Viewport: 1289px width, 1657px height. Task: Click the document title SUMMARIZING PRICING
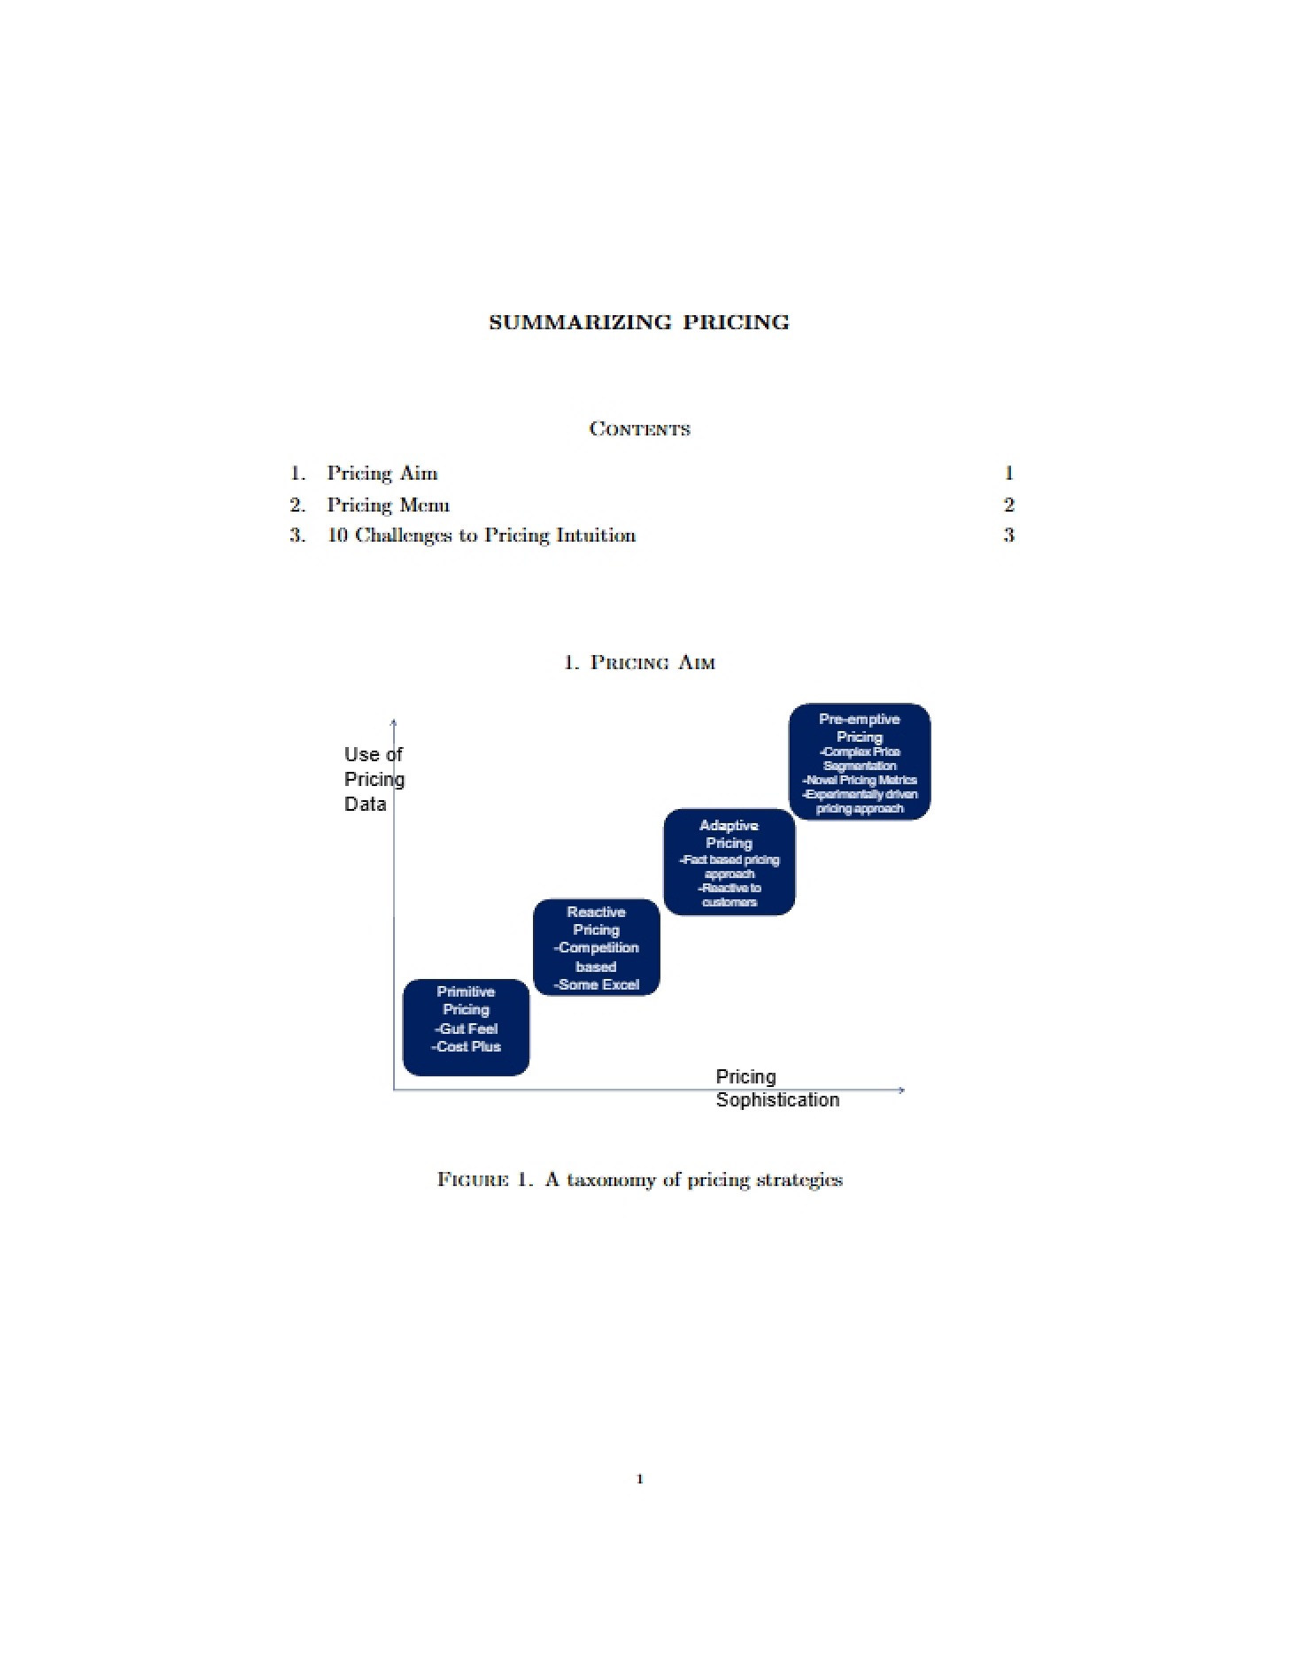639,322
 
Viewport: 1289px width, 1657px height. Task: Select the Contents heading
639,429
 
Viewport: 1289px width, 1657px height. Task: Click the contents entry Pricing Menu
389,505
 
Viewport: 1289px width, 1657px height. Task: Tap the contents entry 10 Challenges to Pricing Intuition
482,536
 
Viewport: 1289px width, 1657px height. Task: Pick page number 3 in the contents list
1008,536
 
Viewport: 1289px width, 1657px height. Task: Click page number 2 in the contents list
1008,505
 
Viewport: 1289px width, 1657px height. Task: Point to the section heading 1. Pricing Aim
639,662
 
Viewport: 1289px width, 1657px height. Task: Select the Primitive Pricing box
466,1028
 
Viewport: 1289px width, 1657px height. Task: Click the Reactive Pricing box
597,948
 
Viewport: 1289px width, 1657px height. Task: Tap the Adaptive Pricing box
729,862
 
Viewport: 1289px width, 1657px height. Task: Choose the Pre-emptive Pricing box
860,762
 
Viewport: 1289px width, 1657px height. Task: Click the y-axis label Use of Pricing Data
374,779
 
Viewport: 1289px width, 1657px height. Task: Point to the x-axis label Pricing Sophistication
777,1088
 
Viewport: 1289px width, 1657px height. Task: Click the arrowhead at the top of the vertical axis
393,722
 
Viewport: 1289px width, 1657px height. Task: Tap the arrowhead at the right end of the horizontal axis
901,1090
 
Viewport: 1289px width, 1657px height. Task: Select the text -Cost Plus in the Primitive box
467,1047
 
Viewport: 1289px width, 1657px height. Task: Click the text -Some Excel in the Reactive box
597,985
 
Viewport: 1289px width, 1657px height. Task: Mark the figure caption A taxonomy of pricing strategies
692,1180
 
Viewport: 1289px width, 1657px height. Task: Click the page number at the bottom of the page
640,1478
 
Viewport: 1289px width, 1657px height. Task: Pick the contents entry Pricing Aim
382,474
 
